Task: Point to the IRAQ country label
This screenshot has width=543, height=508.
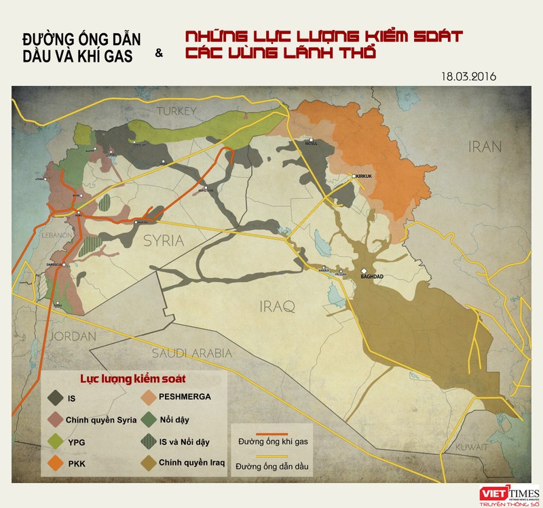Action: coord(278,307)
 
